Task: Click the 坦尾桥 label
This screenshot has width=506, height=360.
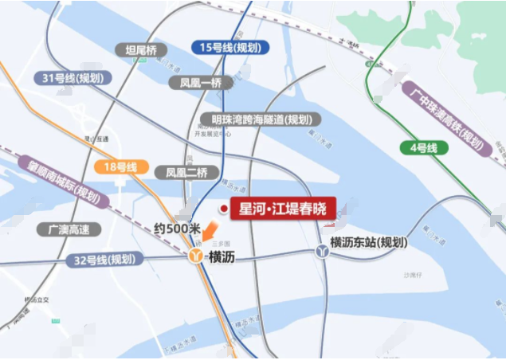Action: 142,50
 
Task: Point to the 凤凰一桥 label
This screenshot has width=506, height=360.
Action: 201,82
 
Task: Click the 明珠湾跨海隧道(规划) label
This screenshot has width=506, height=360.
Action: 261,119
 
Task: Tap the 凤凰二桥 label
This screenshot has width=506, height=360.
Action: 186,171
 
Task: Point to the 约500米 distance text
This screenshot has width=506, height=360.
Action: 177,229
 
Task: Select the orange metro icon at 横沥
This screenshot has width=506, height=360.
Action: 196,256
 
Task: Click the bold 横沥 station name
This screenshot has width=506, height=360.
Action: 222,256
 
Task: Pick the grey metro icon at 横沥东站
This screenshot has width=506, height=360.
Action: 320,250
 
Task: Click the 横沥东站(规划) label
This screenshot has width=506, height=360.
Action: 369,242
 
